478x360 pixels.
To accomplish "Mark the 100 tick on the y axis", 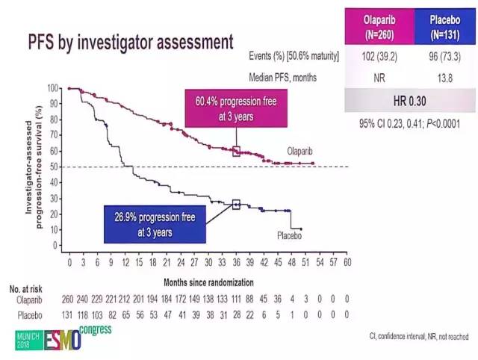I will [52, 88].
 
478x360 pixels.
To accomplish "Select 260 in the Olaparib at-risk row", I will [69, 300].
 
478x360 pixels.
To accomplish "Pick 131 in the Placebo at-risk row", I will [69, 314].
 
